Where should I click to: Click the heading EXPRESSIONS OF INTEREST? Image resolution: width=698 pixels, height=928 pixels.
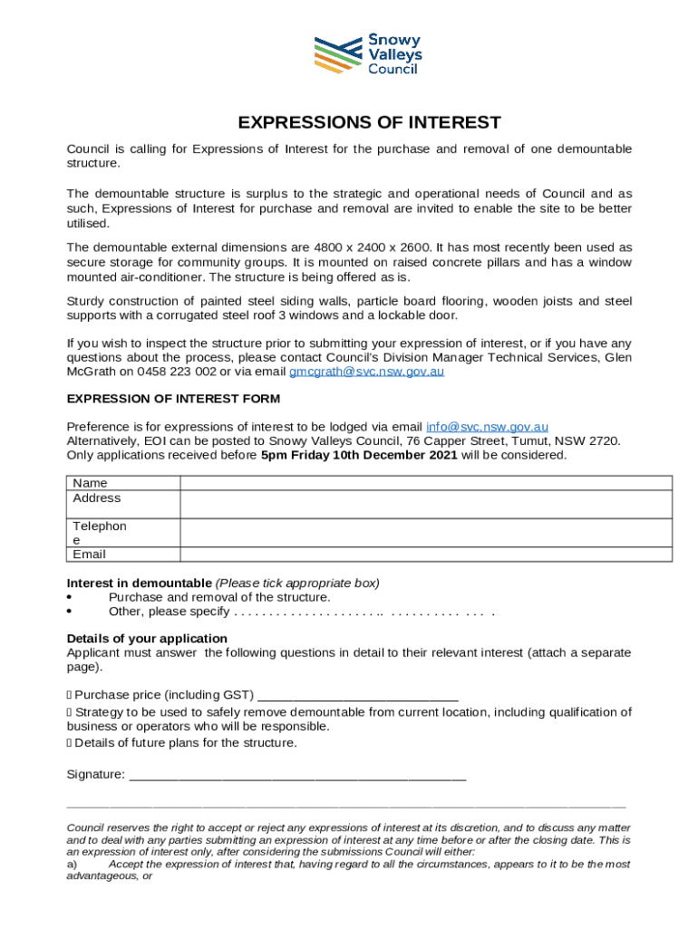(x=369, y=123)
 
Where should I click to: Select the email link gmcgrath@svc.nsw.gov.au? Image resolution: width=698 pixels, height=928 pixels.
(x=366, y=372)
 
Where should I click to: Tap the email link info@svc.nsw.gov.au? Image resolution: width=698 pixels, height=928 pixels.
(x=487, y=427)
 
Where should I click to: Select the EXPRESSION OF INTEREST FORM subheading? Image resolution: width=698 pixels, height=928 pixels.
(x=173, y=399)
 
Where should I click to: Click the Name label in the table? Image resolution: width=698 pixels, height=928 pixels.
(x=90, y=484)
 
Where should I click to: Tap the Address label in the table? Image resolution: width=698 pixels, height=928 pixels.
(x=96, y=498)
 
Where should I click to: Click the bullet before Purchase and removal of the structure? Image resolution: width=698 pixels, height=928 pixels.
(x=71, y=598)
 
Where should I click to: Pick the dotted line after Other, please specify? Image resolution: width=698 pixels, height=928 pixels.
(x=363, y=613)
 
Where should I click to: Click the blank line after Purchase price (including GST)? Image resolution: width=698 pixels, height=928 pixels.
(x=358, y=695)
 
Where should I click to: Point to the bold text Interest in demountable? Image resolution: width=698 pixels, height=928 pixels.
(x=139, y=583)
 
